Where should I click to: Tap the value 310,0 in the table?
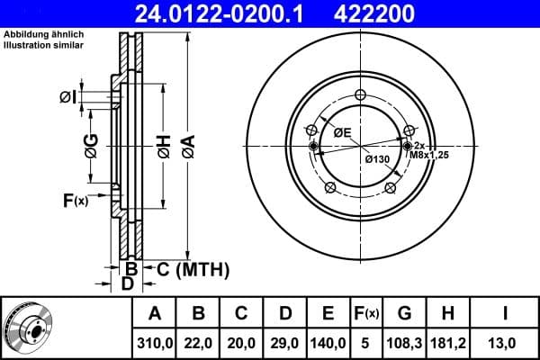coord(155,343)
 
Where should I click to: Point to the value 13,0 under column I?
coord(505,343)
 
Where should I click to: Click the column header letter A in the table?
coord(155,314)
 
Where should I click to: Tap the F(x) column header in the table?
coord(368,314)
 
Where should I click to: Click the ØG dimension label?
coord(91,143)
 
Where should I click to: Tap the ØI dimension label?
coord(67,97)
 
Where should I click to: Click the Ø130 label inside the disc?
coord(376,159)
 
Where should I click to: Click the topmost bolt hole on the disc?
coord(360,96)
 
